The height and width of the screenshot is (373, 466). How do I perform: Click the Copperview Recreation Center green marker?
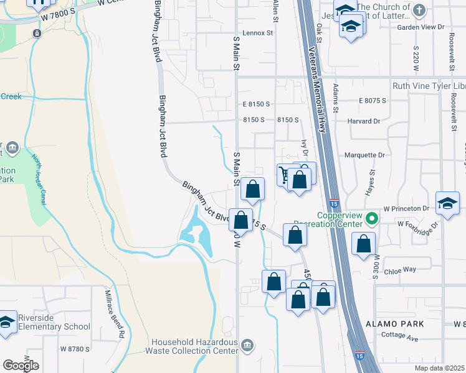pyautogui.click(x=373, y=219)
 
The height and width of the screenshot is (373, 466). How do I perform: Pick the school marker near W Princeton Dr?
pyautogui.click(x=447, y=203)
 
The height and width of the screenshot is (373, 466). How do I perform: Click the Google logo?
pyautogui.click(x=21, y=366)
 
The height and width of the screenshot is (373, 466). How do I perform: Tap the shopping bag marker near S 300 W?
pyautogui.click(x=363, y=244)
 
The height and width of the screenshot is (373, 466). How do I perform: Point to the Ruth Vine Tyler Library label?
pyautogui.click(x=429, y=86)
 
